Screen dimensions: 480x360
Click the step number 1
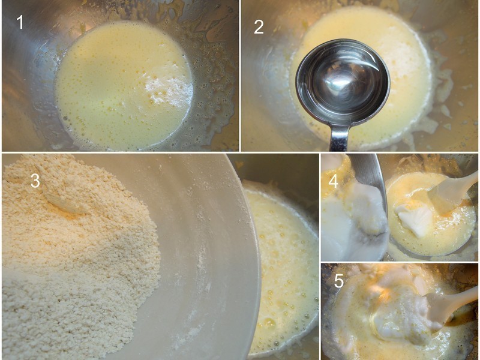point(20,22)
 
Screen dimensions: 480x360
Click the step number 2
point(259,27)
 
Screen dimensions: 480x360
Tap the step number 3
point(35,181)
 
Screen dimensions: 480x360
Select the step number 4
point(334,181)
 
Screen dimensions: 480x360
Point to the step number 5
point(338,281)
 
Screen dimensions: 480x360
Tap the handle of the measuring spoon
point(339,137)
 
